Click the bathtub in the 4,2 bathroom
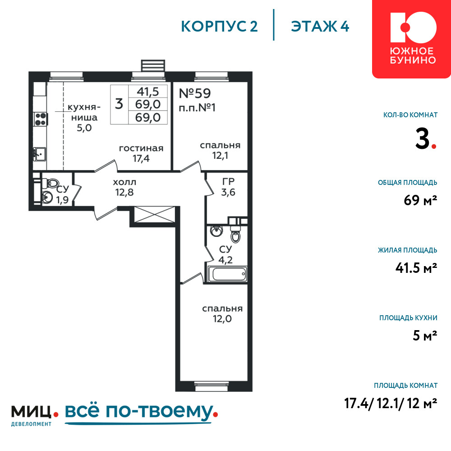pyautogui.click(x=227, y=274)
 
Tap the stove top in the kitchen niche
pyautogui.click(x=41, y=119)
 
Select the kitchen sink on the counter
pyautogui.click(x=39, y=154)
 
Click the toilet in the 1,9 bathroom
pyautogui.click(x=51, y=182)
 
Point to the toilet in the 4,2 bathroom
pyautogui.click(x=235, y=234)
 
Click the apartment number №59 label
pyautogui.click(x=195, y=93)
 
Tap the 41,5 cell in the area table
pyautogui.click(x=148, y=92)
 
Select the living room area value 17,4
pyautogui.click(x=141, y=158)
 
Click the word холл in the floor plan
pyautogui.click(x=124, y=182)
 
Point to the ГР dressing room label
pyautogui.click(x=228, y=181)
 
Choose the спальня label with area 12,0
pyautogui.click(x=222, y=308)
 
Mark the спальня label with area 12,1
pyautogui.click(x=220, y=145)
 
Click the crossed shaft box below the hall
pyautogui.click(x=155, y=215)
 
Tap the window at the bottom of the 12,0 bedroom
pyautogui.click(x=212, y=387)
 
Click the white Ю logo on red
pyautogui.click(x=413, y=27)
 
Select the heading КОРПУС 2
pyautogui.click(x=219, y=27)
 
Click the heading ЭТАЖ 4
pyautogui.click(x=320, y=27)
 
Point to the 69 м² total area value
pyautogui.click(x=420, y=200)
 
